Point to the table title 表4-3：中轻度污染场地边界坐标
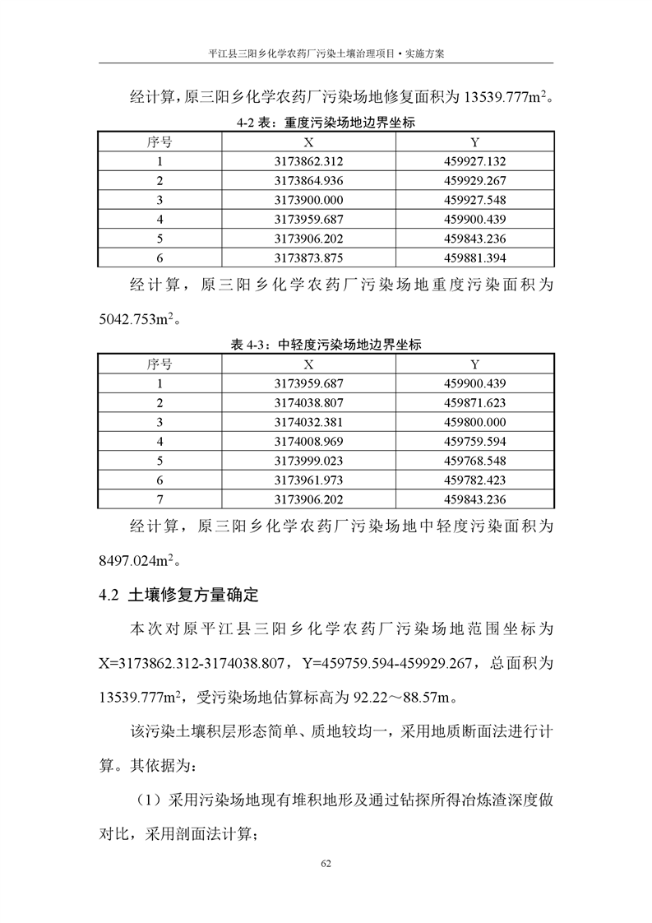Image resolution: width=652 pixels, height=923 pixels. pyautogui.click(x=326, y=345)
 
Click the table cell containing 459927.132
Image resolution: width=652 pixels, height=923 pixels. pyautogui.click(x=474, y=161)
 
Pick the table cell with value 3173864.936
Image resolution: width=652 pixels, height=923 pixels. pyautogui.click(x=308, y=180)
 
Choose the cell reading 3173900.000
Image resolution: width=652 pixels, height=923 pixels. pyautogui.click(x=308, y=200)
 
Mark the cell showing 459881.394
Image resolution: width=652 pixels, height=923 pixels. pyautogui.click(x=474, y=258)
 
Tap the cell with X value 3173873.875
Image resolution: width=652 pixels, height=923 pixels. pyautogui.click(x=308, y=258)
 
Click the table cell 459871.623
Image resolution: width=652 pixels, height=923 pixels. pyautogui.click(x=474, y=402)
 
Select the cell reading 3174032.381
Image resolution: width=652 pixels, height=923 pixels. pyautogui.click(x=308, y=421)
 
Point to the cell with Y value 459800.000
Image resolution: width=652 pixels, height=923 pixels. pyautogui.click(x=474, y=421)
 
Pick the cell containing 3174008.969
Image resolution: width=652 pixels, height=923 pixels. pyautogui.click(x=308, y=441)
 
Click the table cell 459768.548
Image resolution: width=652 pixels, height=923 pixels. pyautogui.click(x=474, y=461)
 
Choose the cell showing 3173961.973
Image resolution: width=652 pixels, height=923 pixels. pyautogui.click(x=308, y=480)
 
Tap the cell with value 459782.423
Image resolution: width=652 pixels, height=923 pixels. pyautogui.click(x=474, y=480)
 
